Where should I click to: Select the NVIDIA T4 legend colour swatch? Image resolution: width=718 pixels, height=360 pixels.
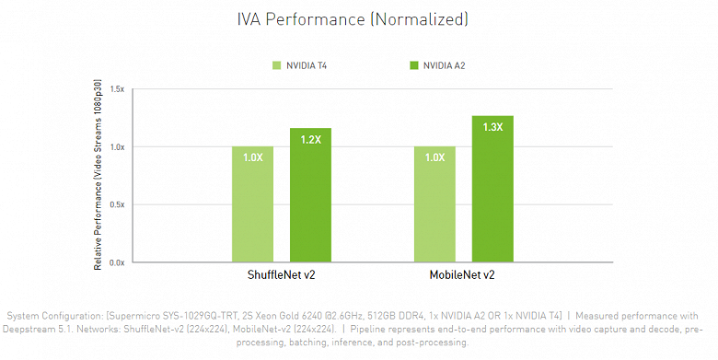tap(276, 65)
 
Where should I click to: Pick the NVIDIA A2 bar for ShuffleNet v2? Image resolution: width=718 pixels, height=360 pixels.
tap(310, 195)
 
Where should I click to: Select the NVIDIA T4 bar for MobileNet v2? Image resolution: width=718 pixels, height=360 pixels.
tap(434, 204)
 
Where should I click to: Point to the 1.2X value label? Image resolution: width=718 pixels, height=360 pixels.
tap(310, 140)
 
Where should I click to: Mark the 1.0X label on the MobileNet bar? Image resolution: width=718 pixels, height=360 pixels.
tap(434, 157)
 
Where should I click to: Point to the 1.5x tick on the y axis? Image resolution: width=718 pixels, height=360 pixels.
tap(116, 89)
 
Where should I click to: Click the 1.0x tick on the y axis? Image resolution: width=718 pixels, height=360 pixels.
tap(116, 147)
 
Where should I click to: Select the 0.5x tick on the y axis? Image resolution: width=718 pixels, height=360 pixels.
tap(116, 204)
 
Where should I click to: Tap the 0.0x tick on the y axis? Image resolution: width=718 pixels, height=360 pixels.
tap(116, 262)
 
